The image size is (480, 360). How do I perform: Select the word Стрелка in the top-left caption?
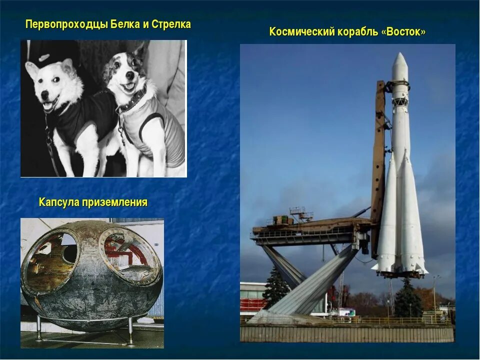point(171,24)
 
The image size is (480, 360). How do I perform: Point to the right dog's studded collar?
point(132,100)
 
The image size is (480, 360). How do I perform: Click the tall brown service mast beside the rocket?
point(379,165)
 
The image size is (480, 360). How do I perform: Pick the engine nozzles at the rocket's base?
point(400,273)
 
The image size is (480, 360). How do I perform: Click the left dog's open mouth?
point(50,105)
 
